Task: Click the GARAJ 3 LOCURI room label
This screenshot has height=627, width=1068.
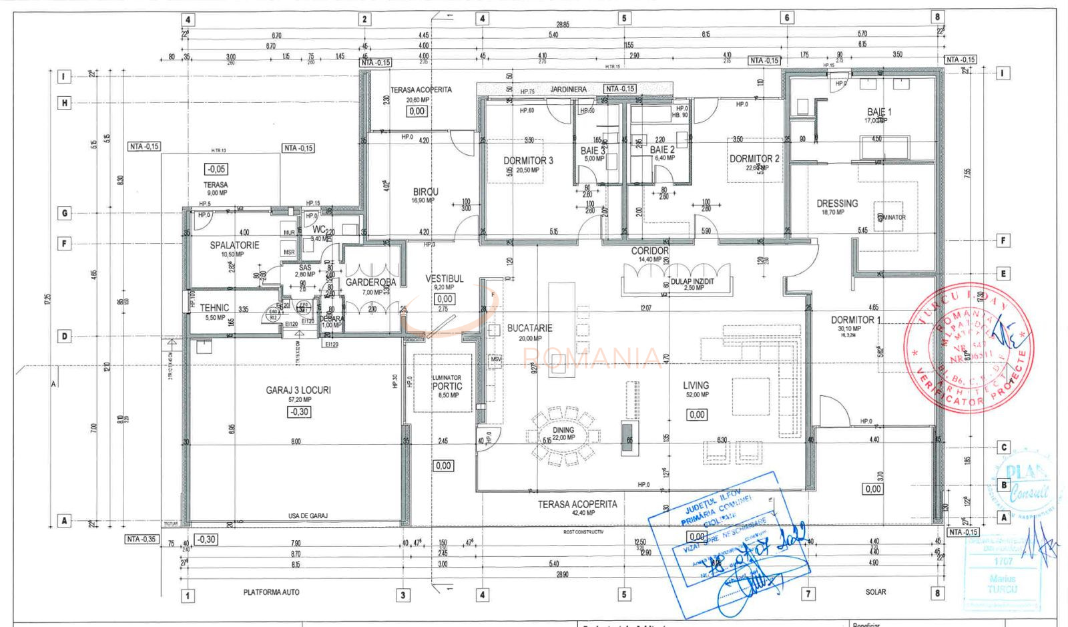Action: tap(298, 390)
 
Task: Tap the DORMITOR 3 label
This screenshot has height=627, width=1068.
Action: tap(528, 160)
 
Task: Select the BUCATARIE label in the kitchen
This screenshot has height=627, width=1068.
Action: tap(529, 328)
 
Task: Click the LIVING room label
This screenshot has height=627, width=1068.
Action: tap(696, 385)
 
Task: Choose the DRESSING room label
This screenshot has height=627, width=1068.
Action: tap(837, 203)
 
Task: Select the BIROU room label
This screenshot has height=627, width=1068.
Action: tap(425, 192)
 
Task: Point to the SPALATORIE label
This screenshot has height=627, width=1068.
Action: tap(234, 245)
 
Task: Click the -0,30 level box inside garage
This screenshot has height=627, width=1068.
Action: tap(298, 412)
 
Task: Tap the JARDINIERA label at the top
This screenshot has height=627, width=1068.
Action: tap(568, 89)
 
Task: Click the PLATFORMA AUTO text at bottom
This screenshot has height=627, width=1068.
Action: tap(271, 592)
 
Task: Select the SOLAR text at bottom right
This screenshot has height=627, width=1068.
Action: tap(875, 592)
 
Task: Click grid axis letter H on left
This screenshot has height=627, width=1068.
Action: tap(65, 103)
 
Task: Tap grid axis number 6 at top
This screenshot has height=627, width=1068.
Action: tap(787, 18)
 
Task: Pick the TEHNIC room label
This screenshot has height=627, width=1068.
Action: tap(214, 308)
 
